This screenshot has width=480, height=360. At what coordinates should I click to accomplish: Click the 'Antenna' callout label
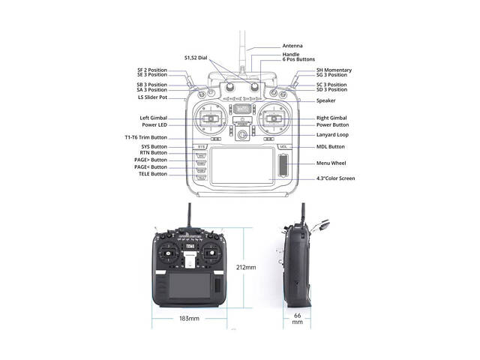click(x=292, y=45)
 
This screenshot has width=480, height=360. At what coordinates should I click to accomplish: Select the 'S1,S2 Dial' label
click(x=196, y=58)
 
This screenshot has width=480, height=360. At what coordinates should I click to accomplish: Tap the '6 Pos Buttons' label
click(x=299, y=59)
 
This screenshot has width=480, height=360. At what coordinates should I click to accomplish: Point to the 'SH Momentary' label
click(x=334, y=70)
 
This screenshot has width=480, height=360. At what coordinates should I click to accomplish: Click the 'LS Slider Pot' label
click(x=152, y=97)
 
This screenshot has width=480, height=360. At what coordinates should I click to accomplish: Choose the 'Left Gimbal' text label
click(x=154, y=118)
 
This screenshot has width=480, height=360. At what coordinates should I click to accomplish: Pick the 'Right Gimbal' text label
click(x=331, y=118)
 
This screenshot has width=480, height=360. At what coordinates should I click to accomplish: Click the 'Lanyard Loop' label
click(x=332, y=135)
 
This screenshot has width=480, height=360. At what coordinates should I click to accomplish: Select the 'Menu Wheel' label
click(x=330, y=162)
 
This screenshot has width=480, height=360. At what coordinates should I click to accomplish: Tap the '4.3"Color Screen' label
click(x=335, y=178)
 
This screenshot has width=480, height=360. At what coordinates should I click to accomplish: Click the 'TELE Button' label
click(x=153, y=173)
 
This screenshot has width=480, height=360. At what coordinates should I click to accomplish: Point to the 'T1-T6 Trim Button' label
click(x=145, y=138)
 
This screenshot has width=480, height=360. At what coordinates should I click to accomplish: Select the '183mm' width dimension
click(x=189, y=319)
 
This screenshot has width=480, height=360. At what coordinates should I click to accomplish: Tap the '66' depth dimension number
click(x=298, y=316)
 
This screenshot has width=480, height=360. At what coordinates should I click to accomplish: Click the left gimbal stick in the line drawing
click(x=211, y=118)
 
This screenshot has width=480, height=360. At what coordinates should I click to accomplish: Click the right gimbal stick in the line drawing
click(x=274, y=118)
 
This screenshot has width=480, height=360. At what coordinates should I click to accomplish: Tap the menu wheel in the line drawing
click(x=283, y=165)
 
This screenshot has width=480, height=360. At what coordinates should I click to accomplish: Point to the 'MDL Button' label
click(x=331, y=147)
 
